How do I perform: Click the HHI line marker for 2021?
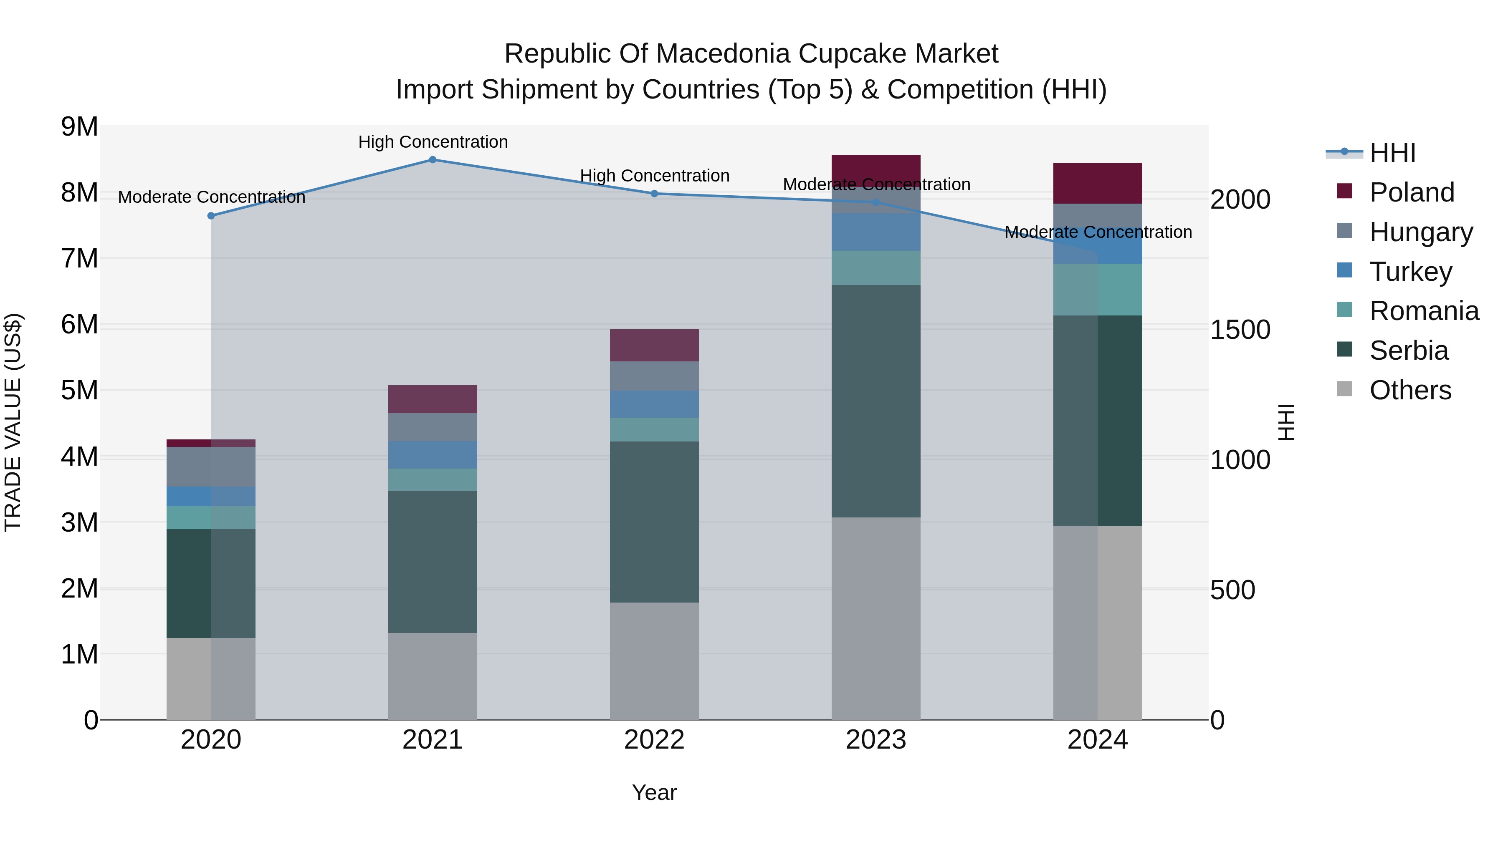point(433,160)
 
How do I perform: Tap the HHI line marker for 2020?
point(211,216)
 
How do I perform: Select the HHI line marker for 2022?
point(654,194)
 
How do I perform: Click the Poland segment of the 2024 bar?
point(1098,184)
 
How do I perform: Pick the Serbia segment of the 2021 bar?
point(433,562)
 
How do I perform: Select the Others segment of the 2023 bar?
point(876,618)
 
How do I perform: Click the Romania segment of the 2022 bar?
point(654,430)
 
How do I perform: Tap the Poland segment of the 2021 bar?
point(433,399)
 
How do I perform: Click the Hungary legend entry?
point(1421,232)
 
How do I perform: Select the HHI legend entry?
point(1392,153)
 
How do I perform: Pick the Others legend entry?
point(1409,390)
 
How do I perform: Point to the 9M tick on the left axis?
point(79,126)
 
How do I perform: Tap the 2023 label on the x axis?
point(876,740)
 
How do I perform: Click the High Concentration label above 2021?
point(433,142)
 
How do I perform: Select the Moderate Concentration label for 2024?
point(1098,232)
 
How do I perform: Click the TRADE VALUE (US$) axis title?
point(13,422)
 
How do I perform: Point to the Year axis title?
point(654,792)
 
